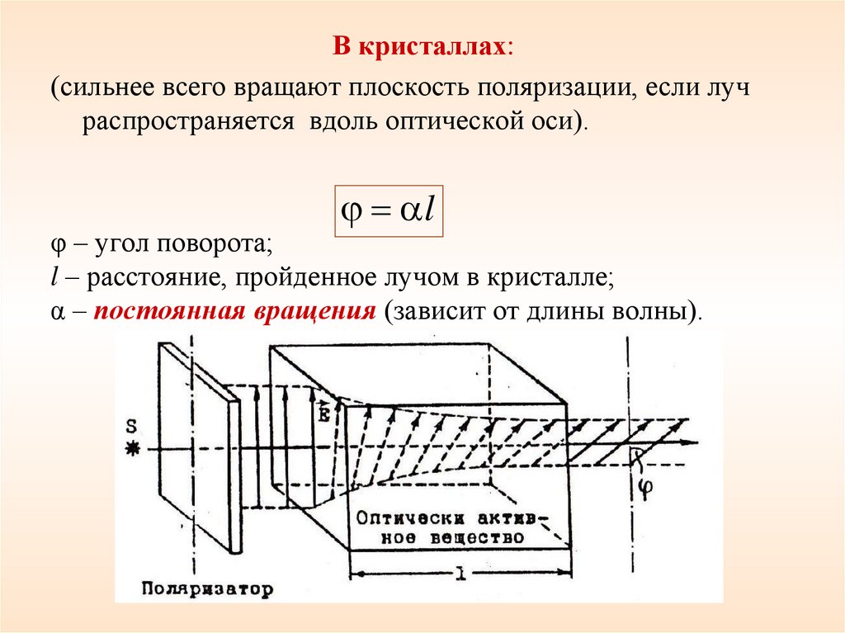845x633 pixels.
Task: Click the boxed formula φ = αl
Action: coord(388,210)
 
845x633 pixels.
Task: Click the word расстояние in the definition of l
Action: coord(154,279)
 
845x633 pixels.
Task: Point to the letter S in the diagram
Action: coord(130,426)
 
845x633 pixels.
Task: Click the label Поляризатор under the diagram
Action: coord(206,589)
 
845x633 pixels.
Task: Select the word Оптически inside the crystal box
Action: coord(405,518)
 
